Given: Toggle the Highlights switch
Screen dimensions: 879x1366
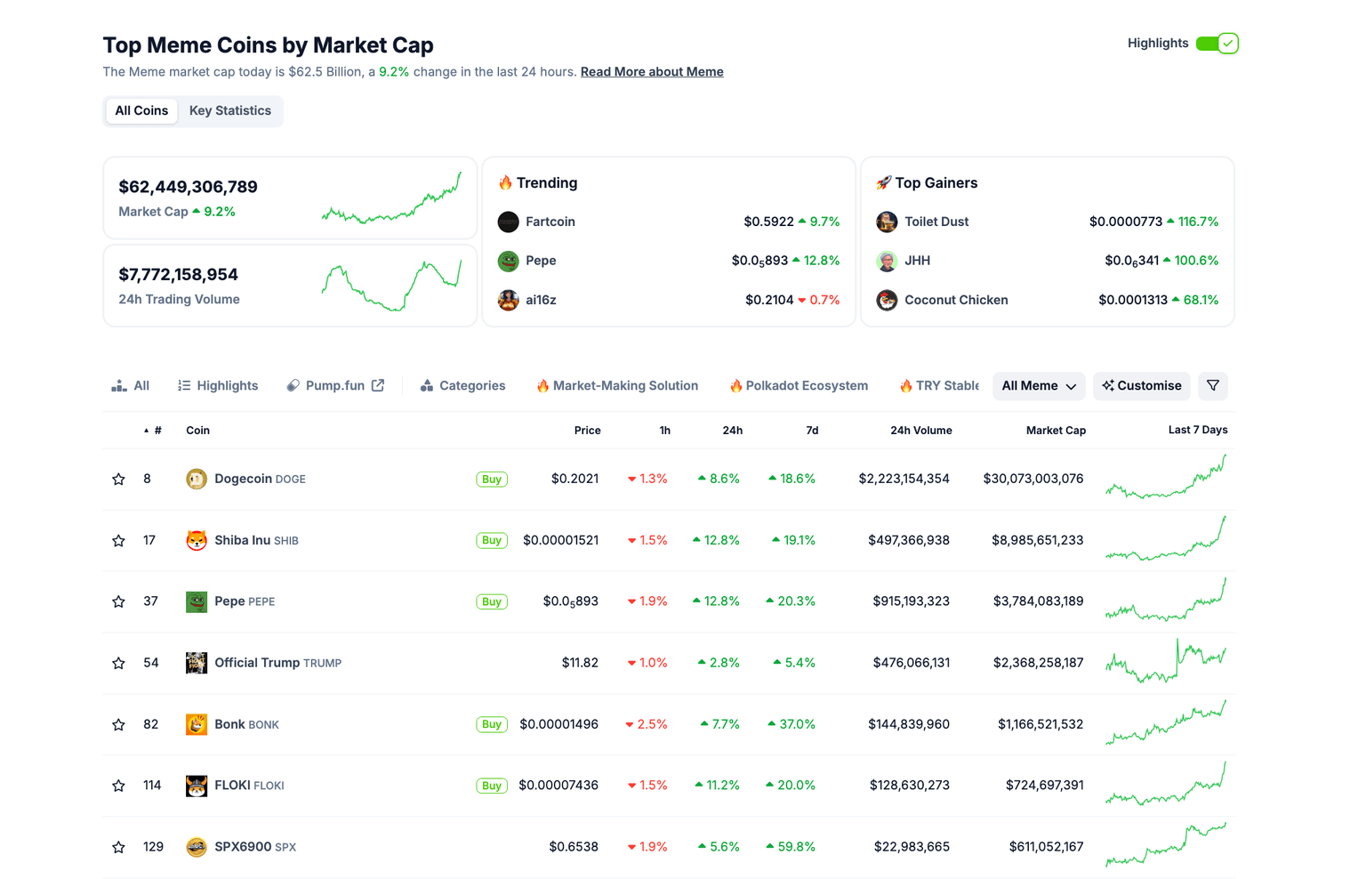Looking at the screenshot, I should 1217,44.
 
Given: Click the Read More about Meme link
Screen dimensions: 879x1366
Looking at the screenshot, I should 651,72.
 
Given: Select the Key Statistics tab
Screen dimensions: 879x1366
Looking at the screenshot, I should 229,111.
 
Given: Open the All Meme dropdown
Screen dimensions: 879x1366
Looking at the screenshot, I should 1038,386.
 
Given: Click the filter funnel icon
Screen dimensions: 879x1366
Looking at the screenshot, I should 1213,386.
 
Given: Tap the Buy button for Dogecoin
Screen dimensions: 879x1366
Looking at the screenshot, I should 491,480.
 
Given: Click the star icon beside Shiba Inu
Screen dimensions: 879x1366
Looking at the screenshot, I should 118,541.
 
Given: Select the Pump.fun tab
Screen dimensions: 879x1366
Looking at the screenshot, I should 334,386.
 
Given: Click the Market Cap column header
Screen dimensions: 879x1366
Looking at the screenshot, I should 1055,431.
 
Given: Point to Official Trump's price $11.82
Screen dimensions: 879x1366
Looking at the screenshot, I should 580,663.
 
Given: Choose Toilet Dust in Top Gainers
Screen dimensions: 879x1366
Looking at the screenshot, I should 936,222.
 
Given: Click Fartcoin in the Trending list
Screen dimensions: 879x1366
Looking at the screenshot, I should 550,222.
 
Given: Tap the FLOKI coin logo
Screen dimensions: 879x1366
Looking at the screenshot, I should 197,786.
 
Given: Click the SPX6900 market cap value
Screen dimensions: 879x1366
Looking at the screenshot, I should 1046,847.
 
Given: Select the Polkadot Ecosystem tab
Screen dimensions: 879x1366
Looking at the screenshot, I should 806,386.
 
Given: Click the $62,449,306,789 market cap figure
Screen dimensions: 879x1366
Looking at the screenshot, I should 188,187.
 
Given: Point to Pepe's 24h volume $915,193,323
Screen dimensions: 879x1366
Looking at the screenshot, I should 911,601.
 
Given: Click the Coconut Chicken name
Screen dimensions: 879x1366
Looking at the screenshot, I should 955,300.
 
